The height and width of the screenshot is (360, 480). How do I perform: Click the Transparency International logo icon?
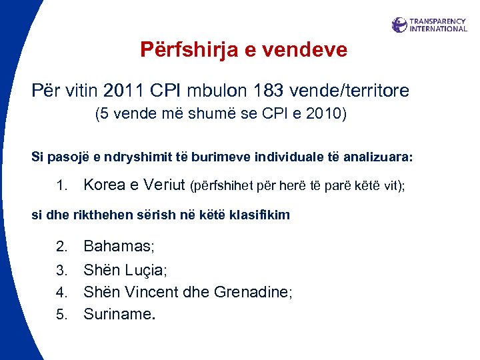pos(399,25)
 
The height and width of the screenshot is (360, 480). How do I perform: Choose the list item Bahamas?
pos(119,247)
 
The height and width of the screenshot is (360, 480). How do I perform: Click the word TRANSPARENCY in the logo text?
pos(438,21)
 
